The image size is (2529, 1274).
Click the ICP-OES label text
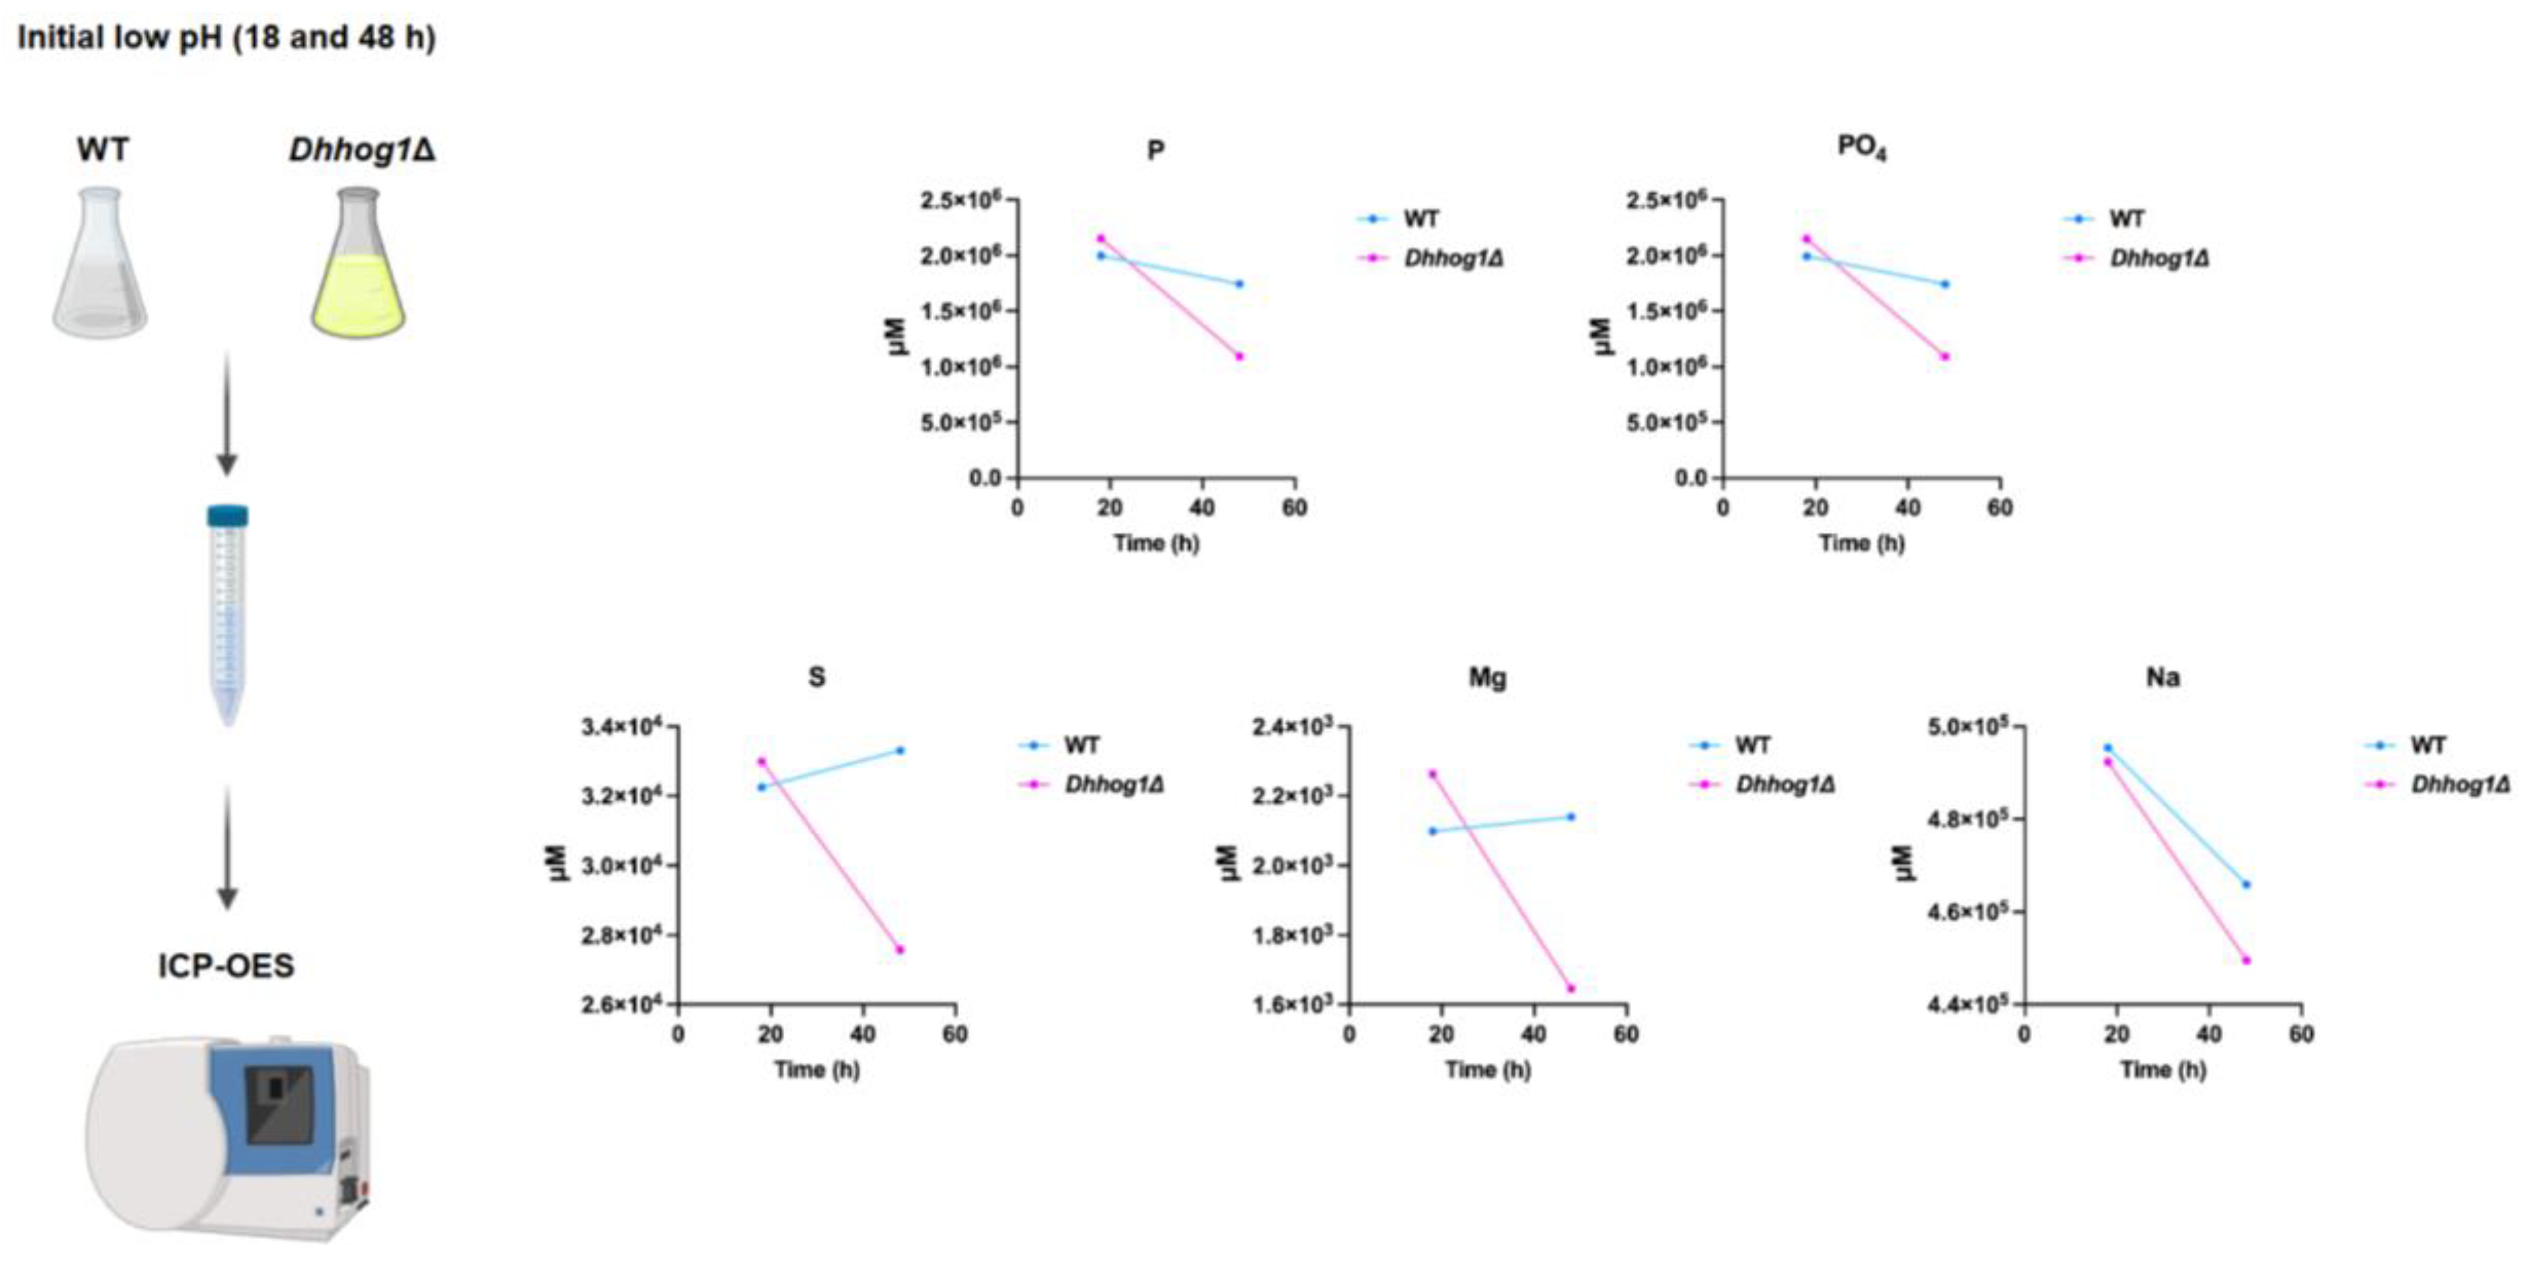click(226, 966)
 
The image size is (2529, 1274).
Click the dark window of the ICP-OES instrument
click(279, 1105)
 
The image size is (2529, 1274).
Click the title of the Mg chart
click(1487, 677)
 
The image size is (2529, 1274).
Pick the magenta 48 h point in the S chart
click(899, 949)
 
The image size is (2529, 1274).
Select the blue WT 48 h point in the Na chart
click(2246, 884)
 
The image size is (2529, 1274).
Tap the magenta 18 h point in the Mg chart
click(1433, 773)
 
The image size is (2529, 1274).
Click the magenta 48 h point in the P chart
click(1240, 356)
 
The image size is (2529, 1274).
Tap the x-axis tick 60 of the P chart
click(1294, 508)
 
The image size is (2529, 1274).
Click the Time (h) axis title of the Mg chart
click(1487, 1069)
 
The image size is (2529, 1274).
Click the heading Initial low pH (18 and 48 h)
click(227, 38)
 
